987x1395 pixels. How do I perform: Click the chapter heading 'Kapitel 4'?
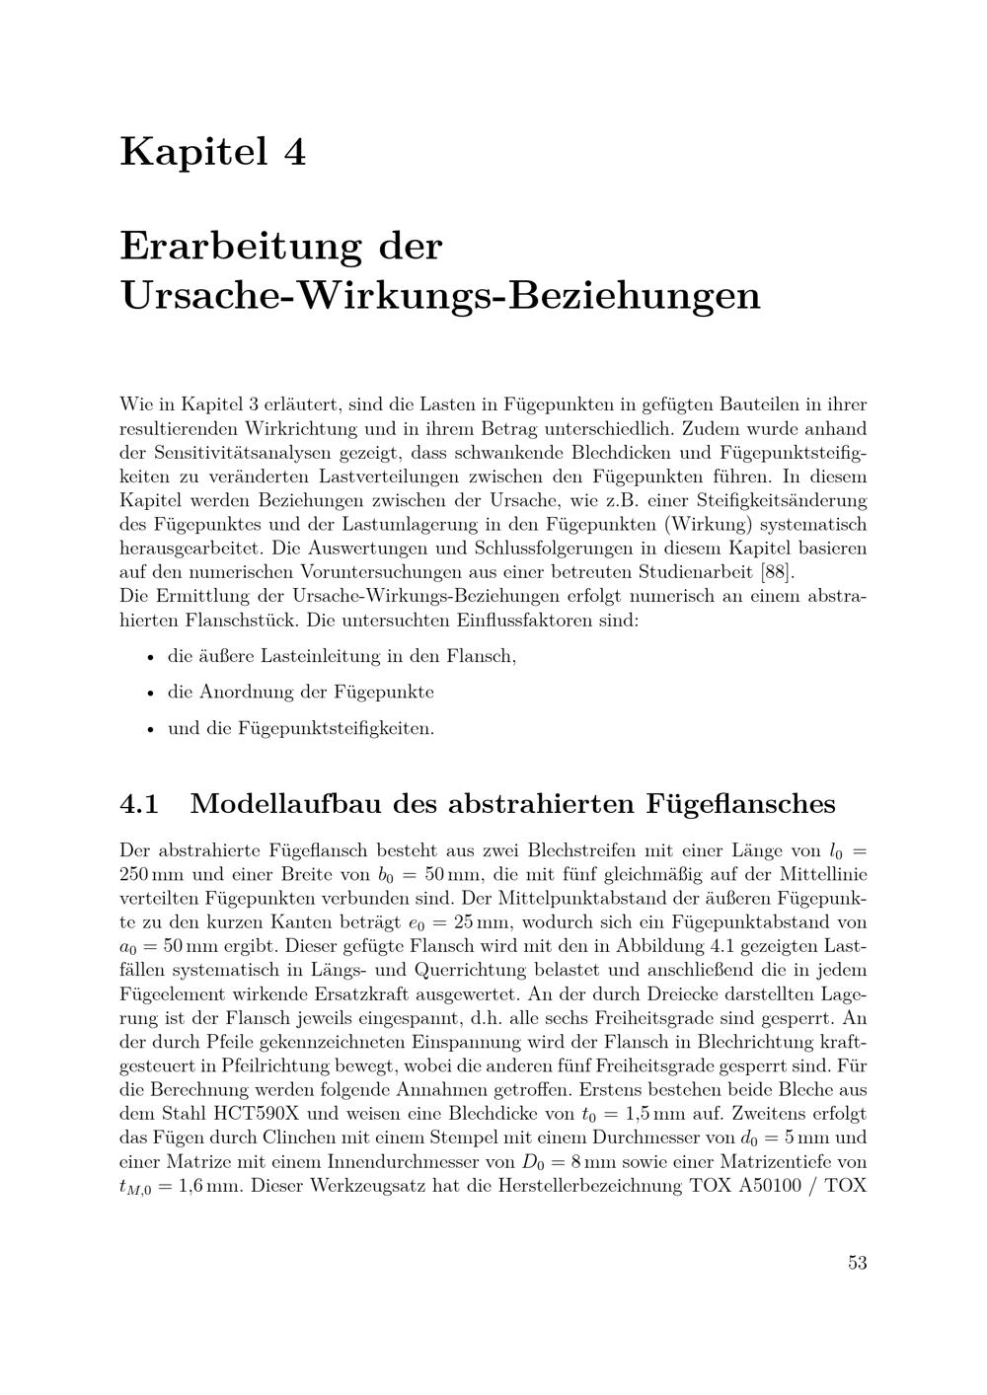pyautogui.click(x=212, y=152)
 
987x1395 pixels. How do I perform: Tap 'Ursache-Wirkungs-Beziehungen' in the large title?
pyautogui.click(x=440, y=295)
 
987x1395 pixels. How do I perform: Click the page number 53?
pyautogui.click(x=857, y=1262)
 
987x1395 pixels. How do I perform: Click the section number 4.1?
pyautogui.click(x=139, y=804)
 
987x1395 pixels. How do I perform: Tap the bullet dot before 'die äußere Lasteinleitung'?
pyautogui.click(x=149, y=657)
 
